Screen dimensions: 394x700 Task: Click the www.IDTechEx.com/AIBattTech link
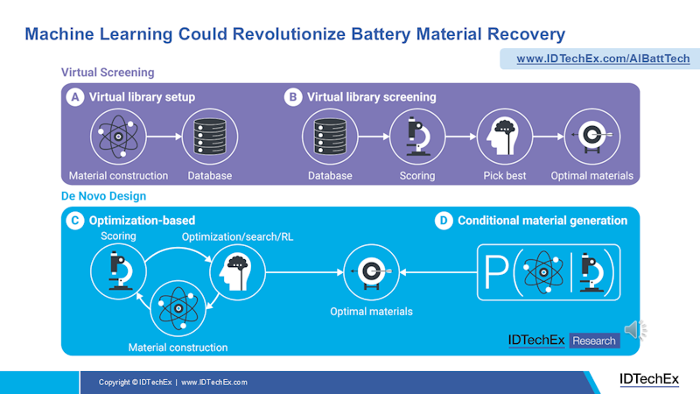coord(602,59)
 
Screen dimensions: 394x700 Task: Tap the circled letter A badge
coord(76,97)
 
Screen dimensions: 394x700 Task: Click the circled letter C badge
coord(76,221)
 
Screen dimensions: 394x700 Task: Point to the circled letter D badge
coord(444,221)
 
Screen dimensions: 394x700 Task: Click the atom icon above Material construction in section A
coord(119,138)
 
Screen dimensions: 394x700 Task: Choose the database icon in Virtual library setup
coord(210,138)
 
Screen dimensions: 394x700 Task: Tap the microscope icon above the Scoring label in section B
coord(416,138)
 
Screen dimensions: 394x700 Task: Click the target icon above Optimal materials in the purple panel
coord(591,138)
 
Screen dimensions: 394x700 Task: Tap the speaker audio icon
coord(633,329)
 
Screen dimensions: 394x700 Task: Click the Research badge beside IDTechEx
coord(594,341)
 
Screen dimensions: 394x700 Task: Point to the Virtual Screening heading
coord(108,73)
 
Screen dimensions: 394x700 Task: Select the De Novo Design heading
coord(103,196)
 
